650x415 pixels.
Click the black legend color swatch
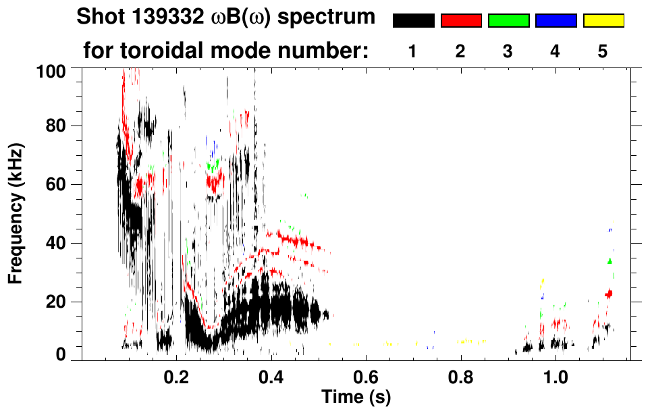tap(413, 21)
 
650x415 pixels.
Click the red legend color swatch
tap(461, 21)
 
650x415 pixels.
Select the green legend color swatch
tap(508, 21)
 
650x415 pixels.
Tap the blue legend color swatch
tap(556, 21)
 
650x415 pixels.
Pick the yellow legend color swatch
tap(603, 21)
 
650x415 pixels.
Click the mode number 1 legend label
tap(412, 51)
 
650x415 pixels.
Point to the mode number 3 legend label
tap(508, 51)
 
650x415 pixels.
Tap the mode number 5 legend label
tap(603, 51)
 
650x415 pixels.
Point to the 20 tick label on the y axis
tap(58, 302)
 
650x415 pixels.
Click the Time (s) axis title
tap(356, 398)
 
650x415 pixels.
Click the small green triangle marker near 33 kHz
tap(610, 260)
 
